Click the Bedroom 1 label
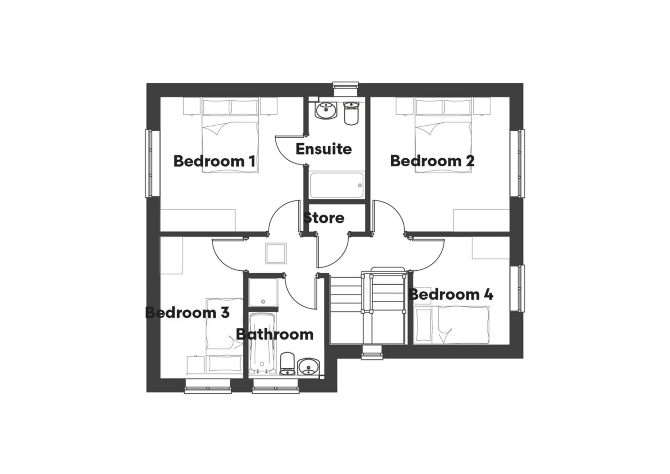pyautogui.click(x=214, y=161)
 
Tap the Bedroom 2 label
pyautogui.click(x=432, y=161)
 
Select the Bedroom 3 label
pyautogui.click(x=187, y=313)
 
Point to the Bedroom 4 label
pyautogui.click(x=451, y=294)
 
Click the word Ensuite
pyautogui.click(x=323, y=149)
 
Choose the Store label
pyautogui.click(x=324, y=218)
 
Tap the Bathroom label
pyautogui.click(x=275, y=335)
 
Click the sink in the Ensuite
pyautogui.click(x=326, y=110)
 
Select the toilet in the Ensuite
pyautogui.click(x=351, y=113)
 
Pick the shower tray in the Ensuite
pyautogui.click(x=336, y=185)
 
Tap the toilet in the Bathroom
pyautogui.click(x=288, y=364)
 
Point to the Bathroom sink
pyautogui.click(x=308, y=367)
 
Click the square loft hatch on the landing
pyautogui.click(x=276, y=254)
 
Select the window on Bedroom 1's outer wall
pyautogui.click(x=149, y=163)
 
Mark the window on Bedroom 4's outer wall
pyautogui.click(x=521, y=289)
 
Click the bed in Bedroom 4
pyautogui.click(x=451, y=325)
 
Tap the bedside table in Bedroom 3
pyautogui.click(x=195, y=365)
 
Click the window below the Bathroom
pyautogui.click(x=276, y=387)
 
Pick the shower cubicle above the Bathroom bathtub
pyautogui.click(x=263, y=292)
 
